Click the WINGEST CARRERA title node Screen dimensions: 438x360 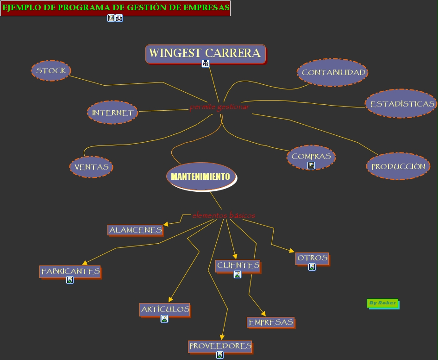click(205, 53)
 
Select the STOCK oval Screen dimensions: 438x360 click(51, 70)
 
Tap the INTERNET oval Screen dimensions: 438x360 click(112, 113)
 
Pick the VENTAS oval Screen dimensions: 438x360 click(91, 167)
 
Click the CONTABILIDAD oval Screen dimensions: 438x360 click(333, 72)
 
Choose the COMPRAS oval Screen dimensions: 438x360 click(311, 156)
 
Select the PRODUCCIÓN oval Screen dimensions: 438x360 click(398, 166)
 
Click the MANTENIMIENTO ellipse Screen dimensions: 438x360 click(200, 177)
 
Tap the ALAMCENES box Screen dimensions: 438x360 click(135, 230)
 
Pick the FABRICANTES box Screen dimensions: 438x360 click(70, 271)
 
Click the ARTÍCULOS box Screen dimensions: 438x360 click(165, 309)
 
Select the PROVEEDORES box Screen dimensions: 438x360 click(220, 346)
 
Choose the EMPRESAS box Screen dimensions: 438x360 click(271, 322)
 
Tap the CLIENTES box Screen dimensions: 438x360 click(238, 265)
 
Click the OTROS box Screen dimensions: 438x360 click(312, 258)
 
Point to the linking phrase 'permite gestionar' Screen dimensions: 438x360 click(219, 107)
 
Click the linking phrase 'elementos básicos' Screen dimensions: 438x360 click(224, 215)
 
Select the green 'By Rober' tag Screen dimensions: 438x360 click(382, 303)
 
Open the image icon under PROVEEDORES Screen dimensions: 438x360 click(220, 355)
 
